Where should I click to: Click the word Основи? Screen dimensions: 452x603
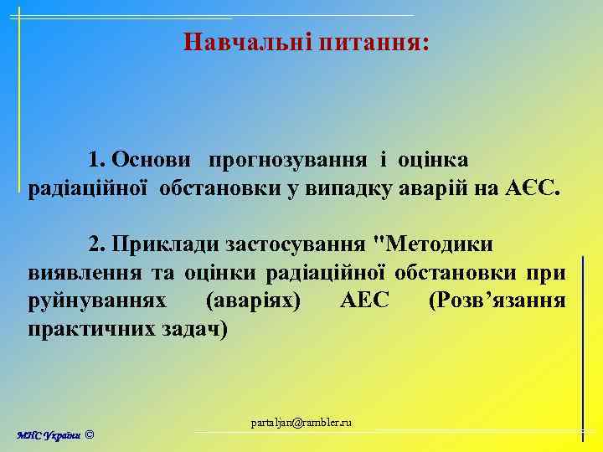[155, 159]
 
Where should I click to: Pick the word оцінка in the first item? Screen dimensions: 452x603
[433, 159]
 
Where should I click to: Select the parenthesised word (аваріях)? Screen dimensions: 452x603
[254, 300]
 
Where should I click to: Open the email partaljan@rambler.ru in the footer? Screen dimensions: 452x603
[301, 423]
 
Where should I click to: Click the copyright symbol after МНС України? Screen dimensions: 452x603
[90, 435]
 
